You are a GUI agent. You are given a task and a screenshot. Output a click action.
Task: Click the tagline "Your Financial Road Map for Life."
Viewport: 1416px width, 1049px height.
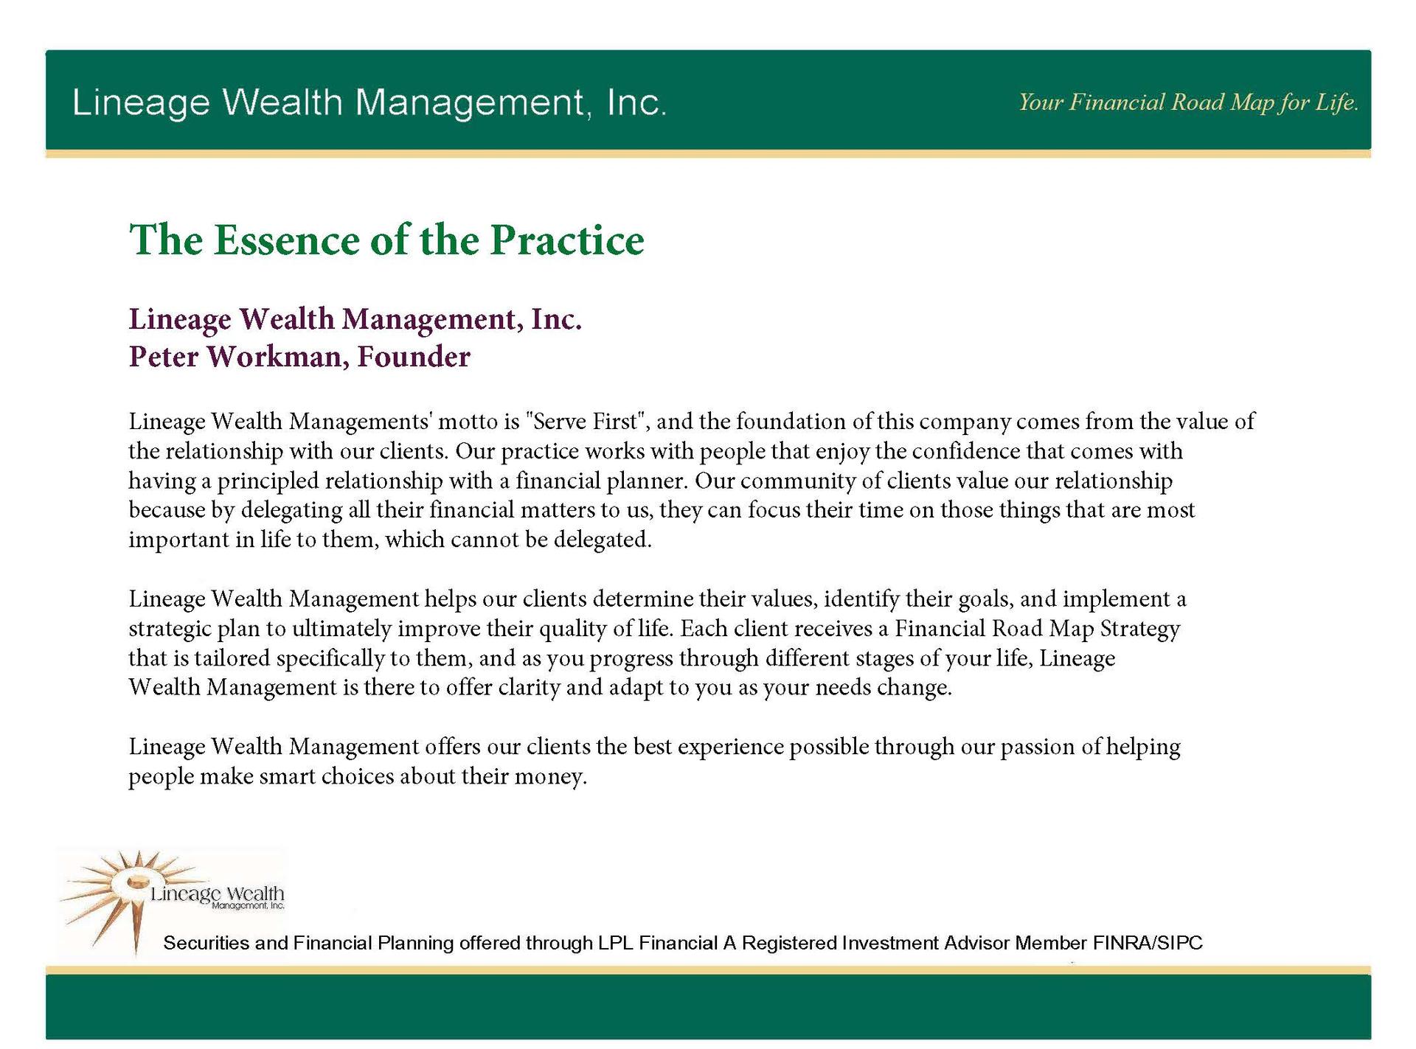[x=1188, y=102]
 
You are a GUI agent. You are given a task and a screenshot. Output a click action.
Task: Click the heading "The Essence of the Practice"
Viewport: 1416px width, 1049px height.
[x=386, y=240]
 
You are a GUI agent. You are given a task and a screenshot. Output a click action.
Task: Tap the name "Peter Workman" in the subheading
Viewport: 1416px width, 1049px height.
[x=235, y=357]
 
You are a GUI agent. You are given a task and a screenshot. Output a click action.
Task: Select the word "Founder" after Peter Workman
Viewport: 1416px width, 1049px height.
[x=414, y=357]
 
